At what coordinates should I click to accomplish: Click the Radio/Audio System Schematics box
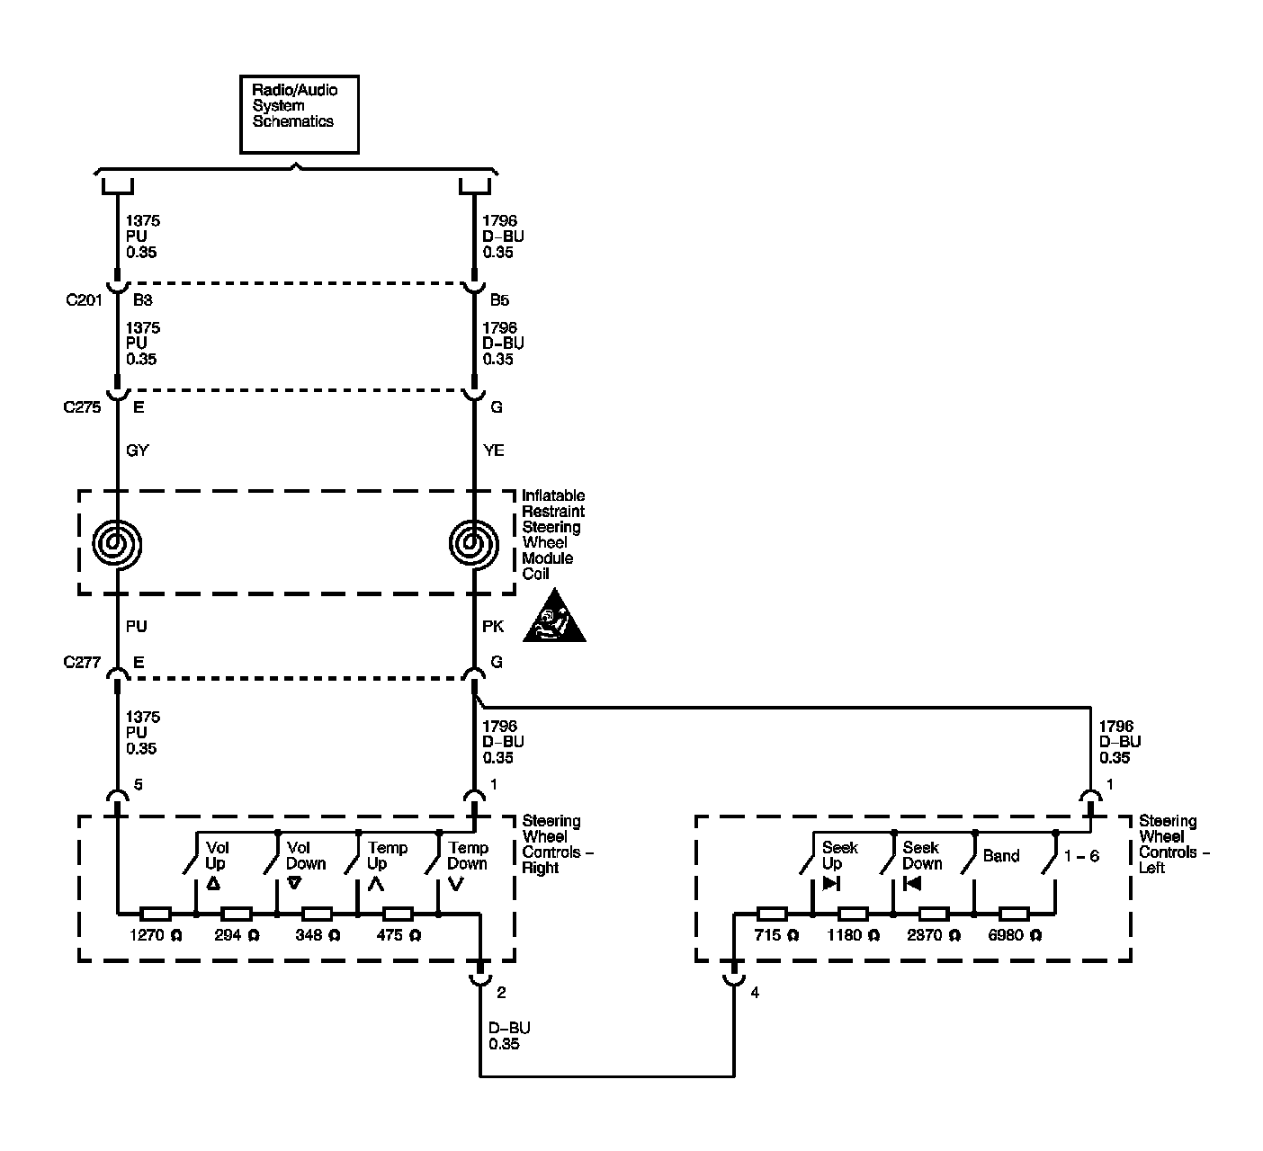(x=299, y=114)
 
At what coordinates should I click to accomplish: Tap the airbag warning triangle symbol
(x=553, y=620)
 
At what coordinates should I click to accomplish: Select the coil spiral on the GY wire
(x=118, y=543)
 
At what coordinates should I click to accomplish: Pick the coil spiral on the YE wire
(x=473, y=543)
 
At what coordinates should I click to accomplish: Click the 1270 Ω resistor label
(x=156, y=935)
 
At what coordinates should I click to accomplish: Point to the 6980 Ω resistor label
(x=1015, y=935)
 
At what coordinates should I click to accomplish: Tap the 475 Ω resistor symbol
(x=398, y=914)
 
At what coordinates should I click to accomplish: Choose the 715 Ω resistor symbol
(x=772, y=914)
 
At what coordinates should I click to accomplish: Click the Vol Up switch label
(x=217, y=855)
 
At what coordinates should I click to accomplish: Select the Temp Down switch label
(x=468, y=855)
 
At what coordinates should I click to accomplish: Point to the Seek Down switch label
(x=922, y=855)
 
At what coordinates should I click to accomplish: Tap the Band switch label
(x=1000, y=855)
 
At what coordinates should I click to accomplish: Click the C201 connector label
(x=84, y=299)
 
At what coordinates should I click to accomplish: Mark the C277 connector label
(x=82, y=663)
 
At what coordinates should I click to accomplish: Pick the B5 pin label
(x=499, y=299)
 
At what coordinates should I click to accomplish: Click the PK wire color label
(x=493, y=626)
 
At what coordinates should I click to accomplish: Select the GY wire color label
(x=138, y=451)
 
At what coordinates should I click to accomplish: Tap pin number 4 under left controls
(x=755, y=993)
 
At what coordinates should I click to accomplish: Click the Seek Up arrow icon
(x=831, y=883)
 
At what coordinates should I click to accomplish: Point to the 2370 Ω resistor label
(x=933, y=935)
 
